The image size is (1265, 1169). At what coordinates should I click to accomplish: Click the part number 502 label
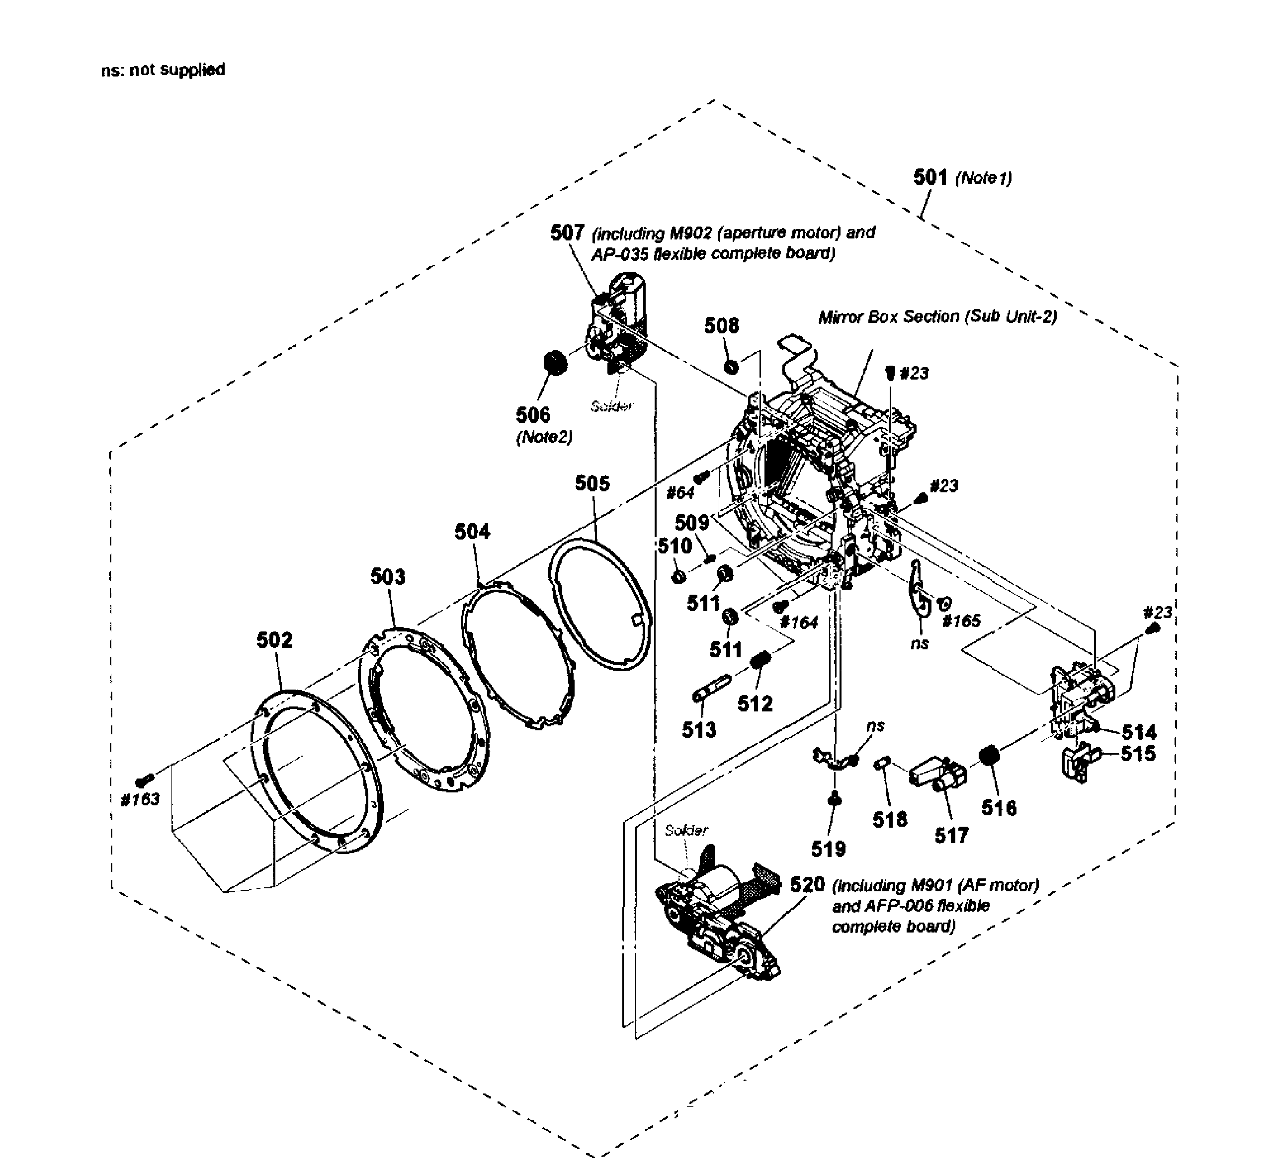tap(275, 640)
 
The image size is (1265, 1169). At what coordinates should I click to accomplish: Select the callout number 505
tap(592, 483)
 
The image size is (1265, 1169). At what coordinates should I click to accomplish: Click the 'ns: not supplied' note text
tap(163, 70)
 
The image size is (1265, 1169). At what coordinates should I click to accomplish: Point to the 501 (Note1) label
tap(962, 178)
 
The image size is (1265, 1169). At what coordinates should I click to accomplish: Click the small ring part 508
tap(730, 366)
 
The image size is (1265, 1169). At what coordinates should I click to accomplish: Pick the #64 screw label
tap(680, 492)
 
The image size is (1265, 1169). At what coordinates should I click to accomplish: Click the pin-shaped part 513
tap(711, 688)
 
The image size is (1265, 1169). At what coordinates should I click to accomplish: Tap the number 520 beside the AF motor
tap(808, 885)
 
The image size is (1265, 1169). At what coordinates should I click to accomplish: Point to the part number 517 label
tap(952, 836)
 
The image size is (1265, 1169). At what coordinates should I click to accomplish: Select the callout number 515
tap(1138, 753)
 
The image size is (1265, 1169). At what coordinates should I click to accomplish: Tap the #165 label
tap(961, 621)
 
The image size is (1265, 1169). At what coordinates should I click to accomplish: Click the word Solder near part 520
tap(686, 830)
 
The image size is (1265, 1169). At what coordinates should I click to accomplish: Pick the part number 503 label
tap(387, 576)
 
